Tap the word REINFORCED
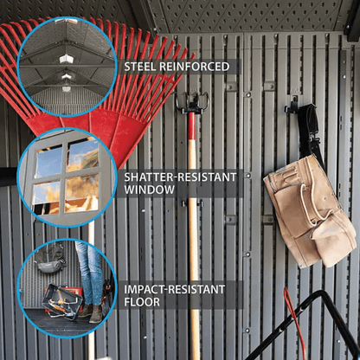[195, 67]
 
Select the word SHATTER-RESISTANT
[180, 177]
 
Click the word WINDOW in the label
[150, 190]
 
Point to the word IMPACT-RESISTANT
[175, 289]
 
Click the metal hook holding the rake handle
[191, 103]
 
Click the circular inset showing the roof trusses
[67, 67]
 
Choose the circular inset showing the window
[67, 177]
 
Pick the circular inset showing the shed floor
[67, 288]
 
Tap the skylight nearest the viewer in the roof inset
[67, 59]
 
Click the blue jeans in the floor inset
[89, 273]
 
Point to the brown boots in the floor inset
[92, 312]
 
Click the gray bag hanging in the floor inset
[49, 259]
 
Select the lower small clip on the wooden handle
[192, 203]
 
